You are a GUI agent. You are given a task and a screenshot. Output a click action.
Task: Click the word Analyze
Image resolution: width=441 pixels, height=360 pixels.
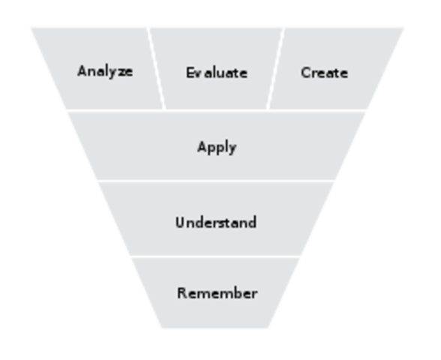click(x=105, y=72)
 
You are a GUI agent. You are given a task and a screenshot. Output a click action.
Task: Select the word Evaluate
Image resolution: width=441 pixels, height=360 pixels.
click(x=216, y=73)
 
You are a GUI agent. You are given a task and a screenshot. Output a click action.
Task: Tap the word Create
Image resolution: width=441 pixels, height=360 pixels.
click(x=324, y=73)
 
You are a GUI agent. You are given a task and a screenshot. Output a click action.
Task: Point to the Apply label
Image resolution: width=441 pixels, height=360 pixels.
click(x=217, y=147)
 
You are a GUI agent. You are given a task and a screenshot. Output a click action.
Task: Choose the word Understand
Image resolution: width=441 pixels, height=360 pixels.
click(x=216, y=223)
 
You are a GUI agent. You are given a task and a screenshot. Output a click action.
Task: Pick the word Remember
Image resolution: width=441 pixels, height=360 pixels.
click(x=217, y=293)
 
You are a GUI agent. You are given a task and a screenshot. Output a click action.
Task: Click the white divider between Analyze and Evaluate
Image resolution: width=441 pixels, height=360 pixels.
click(x=155, y=67)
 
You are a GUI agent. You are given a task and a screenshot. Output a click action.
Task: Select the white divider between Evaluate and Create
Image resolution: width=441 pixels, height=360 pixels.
click(x=276, y=67)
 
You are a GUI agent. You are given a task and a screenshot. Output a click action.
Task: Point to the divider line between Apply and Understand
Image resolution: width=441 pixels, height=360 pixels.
click(x=217, y=181)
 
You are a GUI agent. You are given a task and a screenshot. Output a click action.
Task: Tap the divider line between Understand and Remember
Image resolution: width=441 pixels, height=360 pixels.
click(x=217, y=256)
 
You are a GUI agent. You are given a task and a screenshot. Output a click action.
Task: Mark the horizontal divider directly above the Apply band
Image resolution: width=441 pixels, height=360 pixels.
click(x=217, y=111)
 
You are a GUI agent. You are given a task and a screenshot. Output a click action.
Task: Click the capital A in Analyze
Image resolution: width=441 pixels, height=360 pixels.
click(x=82, y=72)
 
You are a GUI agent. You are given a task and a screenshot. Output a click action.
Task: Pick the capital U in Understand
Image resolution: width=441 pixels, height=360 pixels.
click(x=180, y=223)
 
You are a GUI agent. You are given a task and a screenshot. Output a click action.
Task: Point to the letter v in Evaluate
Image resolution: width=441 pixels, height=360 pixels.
click(x=199, y=73)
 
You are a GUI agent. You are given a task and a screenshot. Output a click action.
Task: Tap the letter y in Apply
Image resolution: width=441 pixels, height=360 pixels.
click(x=232, y=148)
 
